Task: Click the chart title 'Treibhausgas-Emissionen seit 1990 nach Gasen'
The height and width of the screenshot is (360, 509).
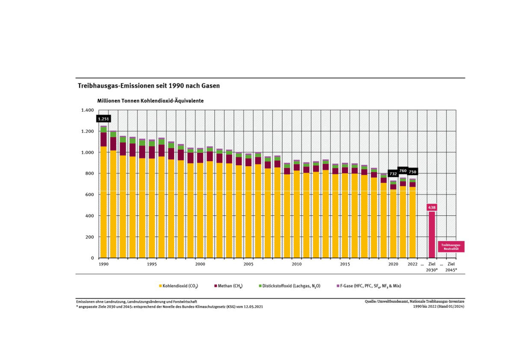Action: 148,86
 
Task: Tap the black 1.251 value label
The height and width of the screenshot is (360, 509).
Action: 104,119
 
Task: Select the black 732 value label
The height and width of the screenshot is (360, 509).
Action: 393,174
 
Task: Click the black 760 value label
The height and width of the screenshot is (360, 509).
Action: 403,170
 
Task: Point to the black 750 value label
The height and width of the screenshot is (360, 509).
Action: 412,172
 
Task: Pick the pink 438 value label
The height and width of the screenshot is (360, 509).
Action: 432,207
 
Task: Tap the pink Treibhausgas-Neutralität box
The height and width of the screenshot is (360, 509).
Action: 450,247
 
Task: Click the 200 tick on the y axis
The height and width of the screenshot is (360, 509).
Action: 89,237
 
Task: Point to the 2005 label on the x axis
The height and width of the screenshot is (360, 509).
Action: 248,264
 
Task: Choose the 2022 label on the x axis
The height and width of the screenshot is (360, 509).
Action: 412,264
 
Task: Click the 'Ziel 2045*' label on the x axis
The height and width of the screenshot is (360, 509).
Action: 451,267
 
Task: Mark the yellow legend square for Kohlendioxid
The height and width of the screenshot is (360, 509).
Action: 160,286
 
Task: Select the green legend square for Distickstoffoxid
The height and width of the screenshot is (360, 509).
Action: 260,286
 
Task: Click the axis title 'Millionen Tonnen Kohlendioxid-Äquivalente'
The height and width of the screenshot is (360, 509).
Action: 150,101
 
